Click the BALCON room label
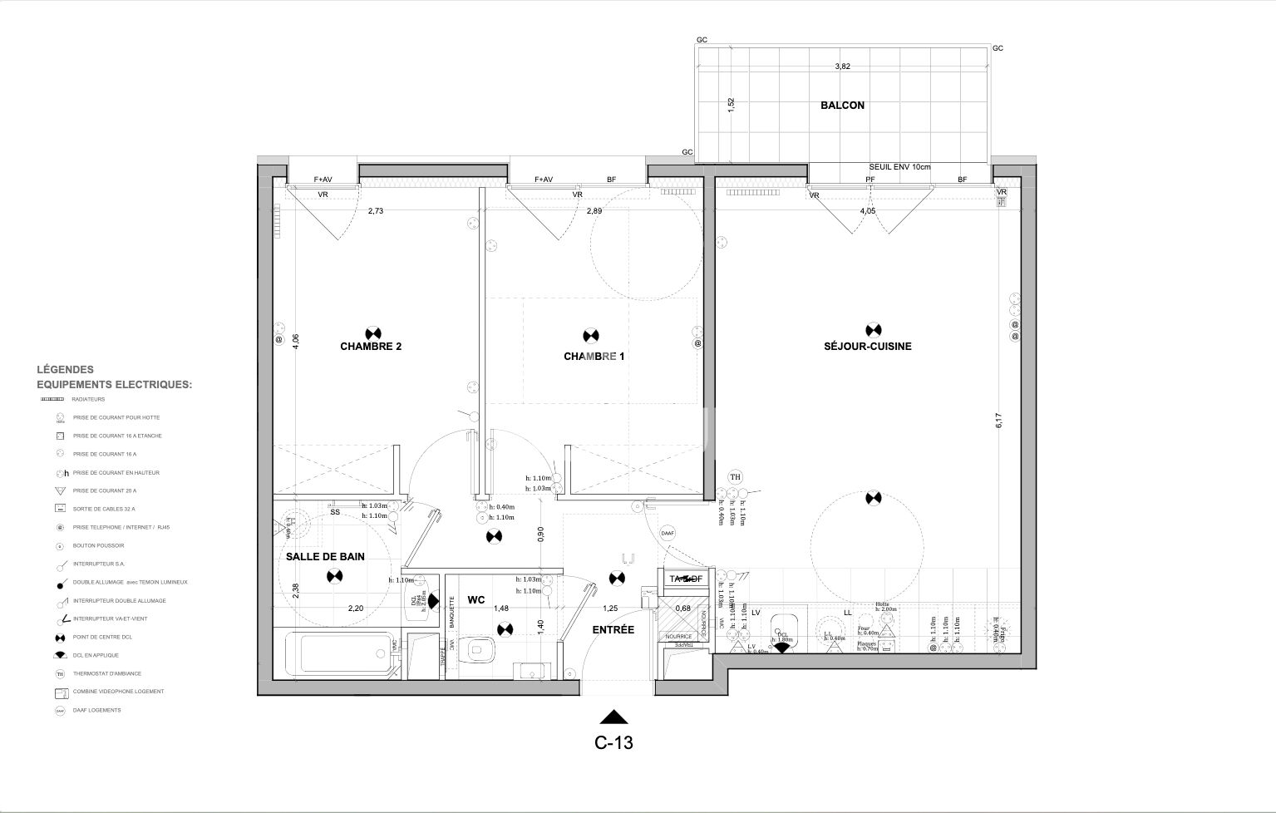click(x=842, y=106)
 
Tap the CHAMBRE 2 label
click(x=371, y=347)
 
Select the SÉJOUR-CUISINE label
click(x=867, y=347)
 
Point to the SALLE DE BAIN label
click(x=325, y=557)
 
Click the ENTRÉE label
click(x=613, y=630)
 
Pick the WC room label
click(x=476, y=599)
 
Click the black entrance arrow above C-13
click(x=613, y=717)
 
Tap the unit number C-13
click(x=613, y=743)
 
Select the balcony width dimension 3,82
click(x=842, y=67)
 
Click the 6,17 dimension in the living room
click(x=999, y=421)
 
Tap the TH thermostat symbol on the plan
click(x=735, y=477)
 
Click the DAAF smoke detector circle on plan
click(x=667, y=533)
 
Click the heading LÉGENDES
click(x=65, y=370)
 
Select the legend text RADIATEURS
click(x=89, y=399)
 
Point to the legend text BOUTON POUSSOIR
click(x=98, y=546)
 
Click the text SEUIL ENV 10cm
click(x=899, y=167)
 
